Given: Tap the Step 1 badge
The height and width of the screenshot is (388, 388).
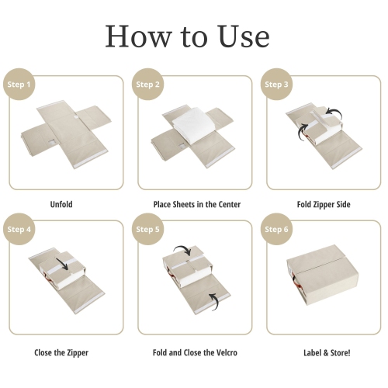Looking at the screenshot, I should [19, 85].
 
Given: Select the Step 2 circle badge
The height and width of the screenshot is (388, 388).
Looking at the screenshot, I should [147, 85].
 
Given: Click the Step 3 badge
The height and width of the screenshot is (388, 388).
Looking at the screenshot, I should [277, 85].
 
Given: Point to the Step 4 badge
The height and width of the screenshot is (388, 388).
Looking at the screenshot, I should [19, 230].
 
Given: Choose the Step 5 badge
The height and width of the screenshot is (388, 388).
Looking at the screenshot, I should [147, 230].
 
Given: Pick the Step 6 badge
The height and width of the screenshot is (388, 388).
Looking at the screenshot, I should [277, 230].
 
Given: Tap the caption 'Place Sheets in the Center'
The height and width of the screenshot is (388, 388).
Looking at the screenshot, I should [196, 204].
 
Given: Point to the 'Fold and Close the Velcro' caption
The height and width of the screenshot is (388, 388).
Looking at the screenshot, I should [196, 352].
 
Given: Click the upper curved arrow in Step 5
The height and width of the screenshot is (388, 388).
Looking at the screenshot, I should [181, 250].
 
